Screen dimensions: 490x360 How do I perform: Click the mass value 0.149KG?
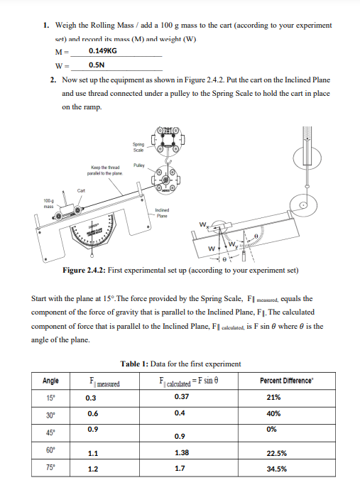(103, 51)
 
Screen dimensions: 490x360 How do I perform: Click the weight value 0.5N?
(98, 65)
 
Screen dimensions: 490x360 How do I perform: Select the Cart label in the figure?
(81, 190)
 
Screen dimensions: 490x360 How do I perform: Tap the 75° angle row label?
(51, 468)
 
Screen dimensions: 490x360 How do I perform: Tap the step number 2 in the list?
(53, 80)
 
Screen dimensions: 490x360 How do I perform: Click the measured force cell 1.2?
(93, 469)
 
